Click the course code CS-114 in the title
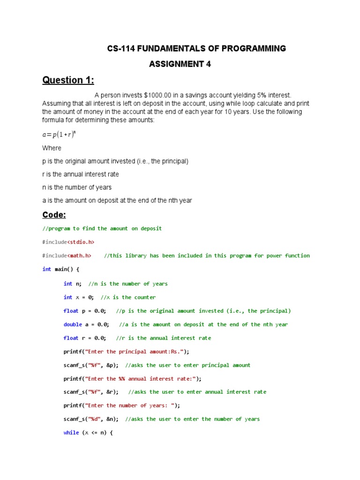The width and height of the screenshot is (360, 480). point(120,49)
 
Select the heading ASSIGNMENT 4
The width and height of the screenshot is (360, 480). point(180,64)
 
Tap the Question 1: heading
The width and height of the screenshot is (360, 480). point(68,80)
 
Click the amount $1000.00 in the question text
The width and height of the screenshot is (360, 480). point(152,95)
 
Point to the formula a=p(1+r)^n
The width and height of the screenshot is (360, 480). point(59,134)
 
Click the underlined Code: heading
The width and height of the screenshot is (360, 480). point(54,215)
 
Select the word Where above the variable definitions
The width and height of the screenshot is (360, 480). point(52,148)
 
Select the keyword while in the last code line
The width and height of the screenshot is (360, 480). point(71,433)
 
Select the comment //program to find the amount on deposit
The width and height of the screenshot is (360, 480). point(102,229)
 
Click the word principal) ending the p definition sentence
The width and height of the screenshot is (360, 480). point(173,161)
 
